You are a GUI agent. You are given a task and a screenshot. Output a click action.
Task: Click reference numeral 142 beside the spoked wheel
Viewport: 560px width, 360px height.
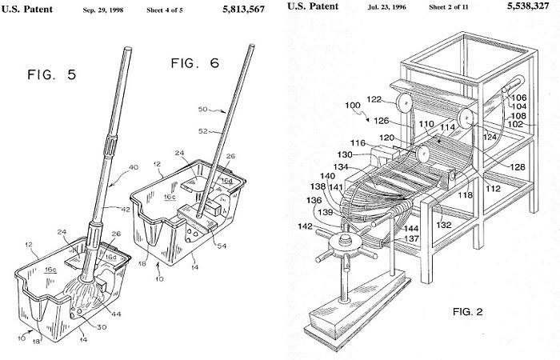[305, 226]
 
